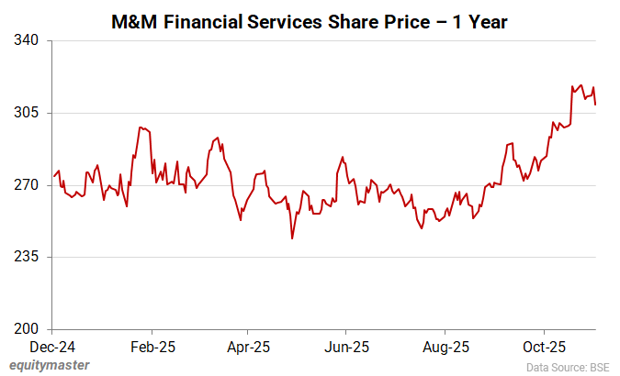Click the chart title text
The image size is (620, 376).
309,20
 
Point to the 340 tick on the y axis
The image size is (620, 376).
30,41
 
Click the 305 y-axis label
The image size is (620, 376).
30,113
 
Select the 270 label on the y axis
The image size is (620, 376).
30,185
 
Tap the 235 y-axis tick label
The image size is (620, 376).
30,257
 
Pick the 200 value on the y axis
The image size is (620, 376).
30,329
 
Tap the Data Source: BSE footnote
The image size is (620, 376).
567,366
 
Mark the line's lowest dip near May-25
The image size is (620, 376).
292,238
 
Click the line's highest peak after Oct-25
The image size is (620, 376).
581,84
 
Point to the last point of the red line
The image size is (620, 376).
596,105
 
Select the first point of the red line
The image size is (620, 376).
53,176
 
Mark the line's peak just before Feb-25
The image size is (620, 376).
140,127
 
